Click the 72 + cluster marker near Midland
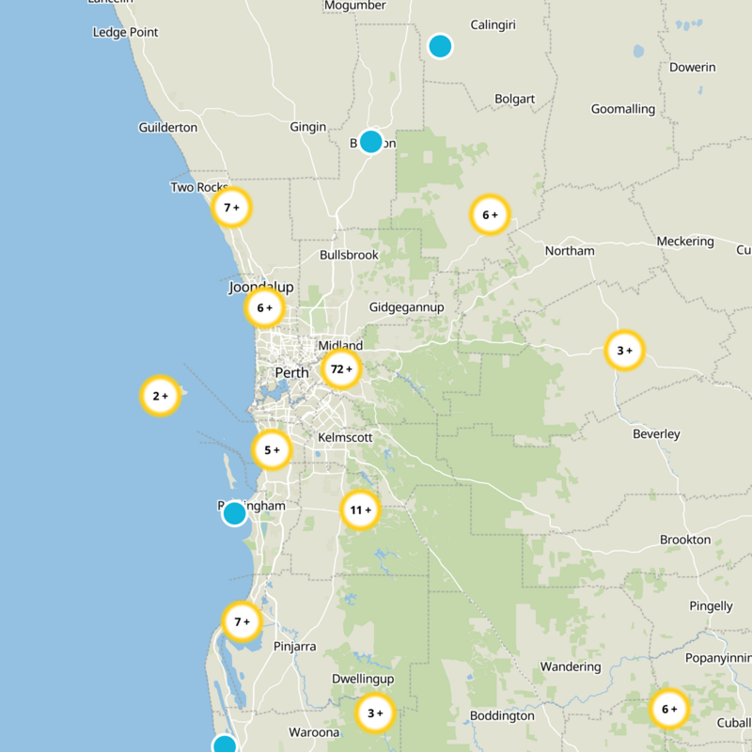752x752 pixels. tap(341, 369)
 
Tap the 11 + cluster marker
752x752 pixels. tap(360, 510)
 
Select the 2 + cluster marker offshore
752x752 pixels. tap(160, 397)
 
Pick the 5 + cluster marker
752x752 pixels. tap(272, 450)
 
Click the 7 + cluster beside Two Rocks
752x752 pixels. tap(231, 207)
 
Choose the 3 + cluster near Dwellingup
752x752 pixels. tap(375, 713)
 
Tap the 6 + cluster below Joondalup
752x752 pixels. tap(264, 307)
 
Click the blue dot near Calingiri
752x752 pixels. tap(440, 45)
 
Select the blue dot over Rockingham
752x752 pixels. tap(234, 513)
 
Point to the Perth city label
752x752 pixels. tap(291, 373)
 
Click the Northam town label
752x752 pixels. tap(570, 251)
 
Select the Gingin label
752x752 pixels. tap(308, 127)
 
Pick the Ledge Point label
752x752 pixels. tap(126, 33)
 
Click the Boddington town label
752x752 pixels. tap(501, 715)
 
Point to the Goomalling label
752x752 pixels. tap(622, 109)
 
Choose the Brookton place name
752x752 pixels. tap(685, 540)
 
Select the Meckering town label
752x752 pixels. tap(685, 242)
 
